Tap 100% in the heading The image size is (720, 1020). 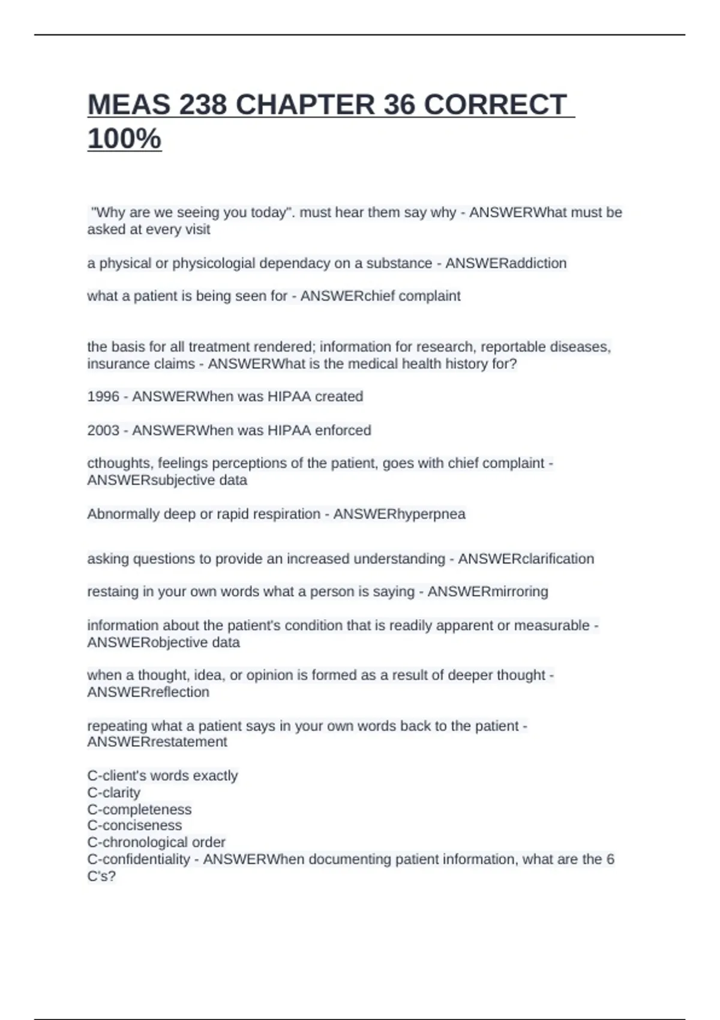tap(124, 139)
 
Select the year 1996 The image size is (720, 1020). tap(103, 397)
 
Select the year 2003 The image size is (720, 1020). tap(103, 430)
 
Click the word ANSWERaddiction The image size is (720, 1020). tap(506, 263)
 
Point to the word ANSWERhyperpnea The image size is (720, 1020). tap(399, 514)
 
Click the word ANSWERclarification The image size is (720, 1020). tap(526, 559)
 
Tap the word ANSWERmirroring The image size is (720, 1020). tap(487, 592)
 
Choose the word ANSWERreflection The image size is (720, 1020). tap(148, 692)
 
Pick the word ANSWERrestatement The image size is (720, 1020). tap(157, 742)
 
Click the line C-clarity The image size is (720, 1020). tap(113, 793)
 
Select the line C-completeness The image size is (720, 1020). tap(139, 809)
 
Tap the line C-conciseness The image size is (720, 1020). tap(134, 826)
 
